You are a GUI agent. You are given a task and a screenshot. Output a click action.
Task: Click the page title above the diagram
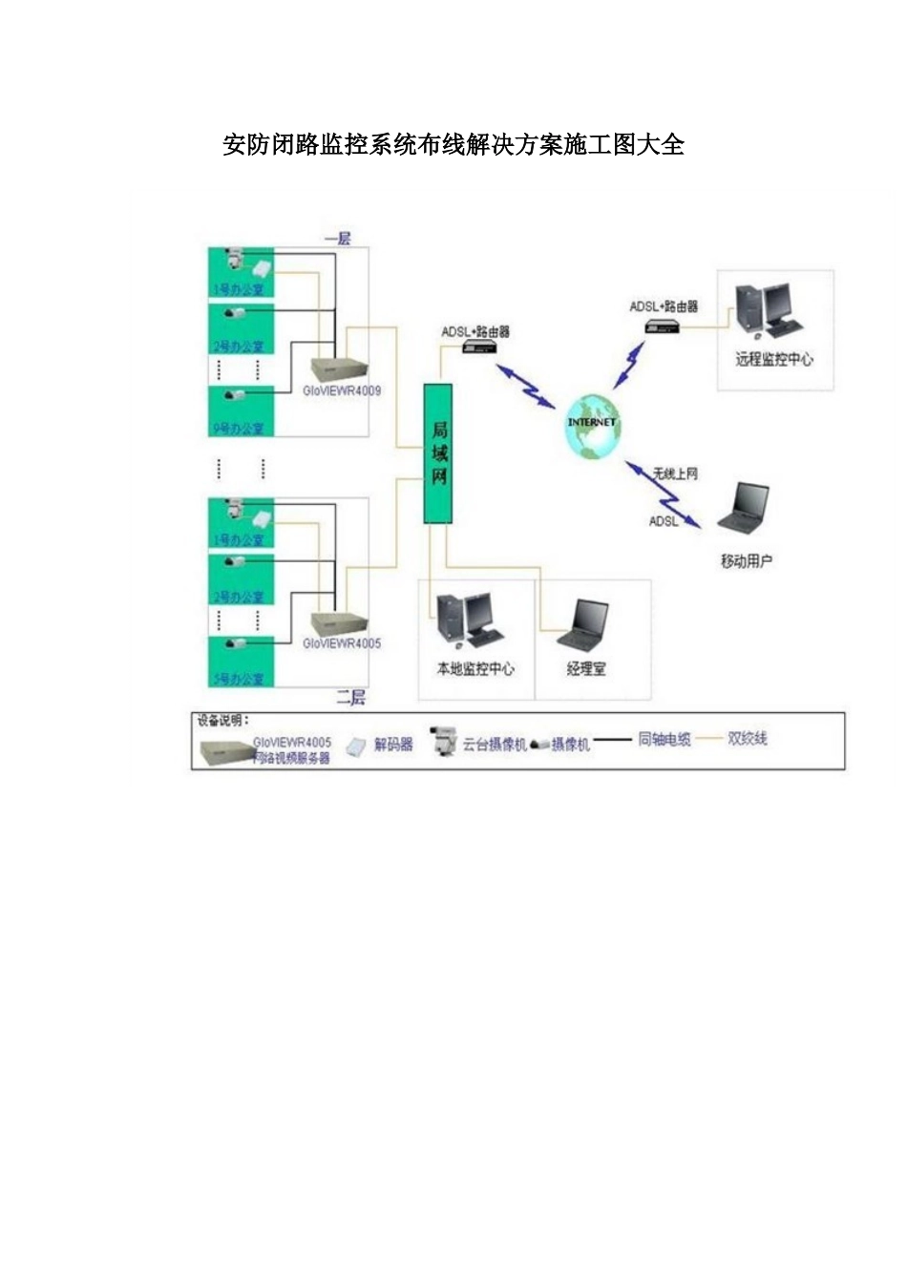pyautogui.click(x=453, y=145)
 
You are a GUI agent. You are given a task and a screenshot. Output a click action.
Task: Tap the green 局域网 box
pyautogui.click(x=438, y=453)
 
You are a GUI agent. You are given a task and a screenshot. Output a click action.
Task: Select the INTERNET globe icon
pyautogui.click(x=592, y=425)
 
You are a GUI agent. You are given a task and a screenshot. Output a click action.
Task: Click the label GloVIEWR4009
pyautogui.click(x=342, y=390)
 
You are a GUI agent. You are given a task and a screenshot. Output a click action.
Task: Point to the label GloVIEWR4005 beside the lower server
pyautogui.click(x=342, y=643)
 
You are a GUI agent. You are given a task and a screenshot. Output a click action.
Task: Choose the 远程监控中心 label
pyautogui.click(x=774, y=359)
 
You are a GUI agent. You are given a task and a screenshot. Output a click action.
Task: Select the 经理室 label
pyautogui.click(x=586, y=668)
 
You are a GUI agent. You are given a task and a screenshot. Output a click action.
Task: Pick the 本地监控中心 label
pyautogui.click(x=475, y=668)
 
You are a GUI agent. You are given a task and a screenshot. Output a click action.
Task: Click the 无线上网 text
pyautogui.click(x=675, y=473)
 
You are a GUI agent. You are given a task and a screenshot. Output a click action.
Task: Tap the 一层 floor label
pyautogui.click(x=338, y=238)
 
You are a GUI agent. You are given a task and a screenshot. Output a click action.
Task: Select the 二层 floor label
pyautogui.click(x=350, y=698)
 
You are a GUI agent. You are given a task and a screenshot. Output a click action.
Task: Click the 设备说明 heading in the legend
pyautogui.click(x=222, y=721)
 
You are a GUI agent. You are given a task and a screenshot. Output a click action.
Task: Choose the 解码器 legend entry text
pyautogui.click(x=393, y=744)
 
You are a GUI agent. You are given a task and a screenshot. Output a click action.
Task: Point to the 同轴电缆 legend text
pyautogui.click(x=664, y=739)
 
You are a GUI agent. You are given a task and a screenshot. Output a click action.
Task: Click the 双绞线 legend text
pyautogui.click(x=748, y=738)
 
